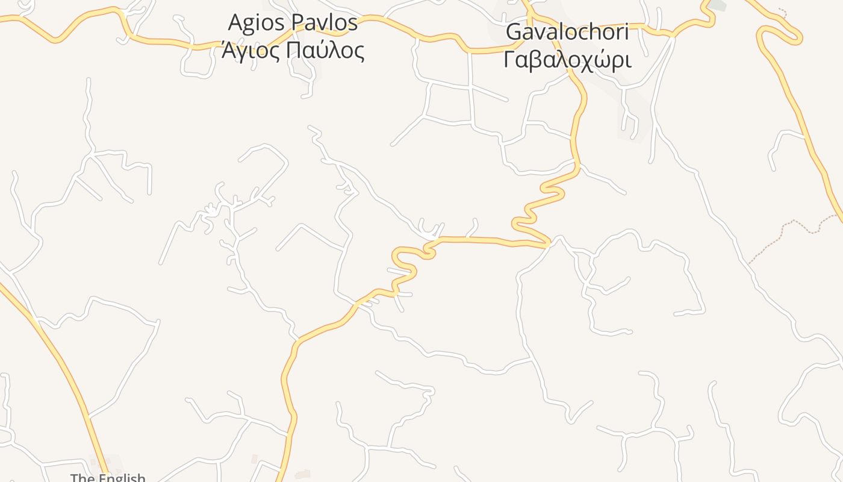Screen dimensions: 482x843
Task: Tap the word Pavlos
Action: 325,23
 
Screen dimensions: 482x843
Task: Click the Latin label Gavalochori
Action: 568,32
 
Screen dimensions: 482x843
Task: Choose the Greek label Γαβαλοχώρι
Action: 567,60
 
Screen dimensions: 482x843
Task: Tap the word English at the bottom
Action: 120,478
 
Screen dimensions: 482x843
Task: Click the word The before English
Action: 81,478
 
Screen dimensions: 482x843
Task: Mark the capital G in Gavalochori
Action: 514,32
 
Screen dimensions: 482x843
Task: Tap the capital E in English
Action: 99,478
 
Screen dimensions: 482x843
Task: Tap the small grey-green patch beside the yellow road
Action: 717,5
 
